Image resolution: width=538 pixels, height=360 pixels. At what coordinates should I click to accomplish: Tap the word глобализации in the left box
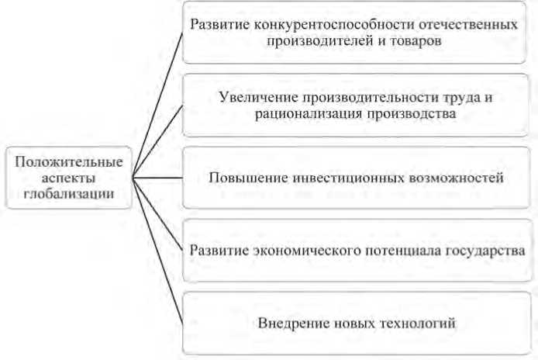(x=70, y=195)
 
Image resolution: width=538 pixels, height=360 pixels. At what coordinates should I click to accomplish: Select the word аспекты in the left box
(x=70, y=178)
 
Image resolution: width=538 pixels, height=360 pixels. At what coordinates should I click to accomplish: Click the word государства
(x=488, y=250)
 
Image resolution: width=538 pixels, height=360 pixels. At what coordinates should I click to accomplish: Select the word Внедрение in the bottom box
(x=291, y=321)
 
